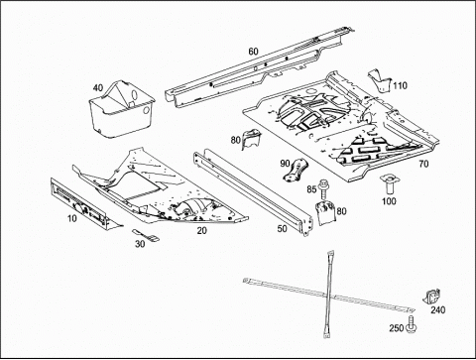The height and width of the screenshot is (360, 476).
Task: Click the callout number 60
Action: coord(253,52)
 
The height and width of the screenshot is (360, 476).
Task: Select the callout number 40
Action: coord(98,88)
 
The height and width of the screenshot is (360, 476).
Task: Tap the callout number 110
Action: coord(400,86)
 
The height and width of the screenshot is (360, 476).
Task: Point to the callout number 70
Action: coord(423,164)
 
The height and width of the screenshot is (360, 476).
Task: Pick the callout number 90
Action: coord(285,164)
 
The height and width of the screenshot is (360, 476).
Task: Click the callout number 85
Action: coord(311,189)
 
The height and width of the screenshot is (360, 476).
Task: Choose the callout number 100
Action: coord(389,201)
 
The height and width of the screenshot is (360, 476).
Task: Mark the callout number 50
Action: coord(282,229)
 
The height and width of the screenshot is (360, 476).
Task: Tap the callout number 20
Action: coord(201,231)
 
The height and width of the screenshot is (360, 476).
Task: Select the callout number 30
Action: coord(140,244)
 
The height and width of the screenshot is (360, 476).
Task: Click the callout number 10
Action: coord(71,218)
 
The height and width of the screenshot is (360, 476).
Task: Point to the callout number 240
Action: coord(437,310)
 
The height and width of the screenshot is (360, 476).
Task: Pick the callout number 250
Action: coord(397,328)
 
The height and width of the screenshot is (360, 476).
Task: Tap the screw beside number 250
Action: coord(412,323)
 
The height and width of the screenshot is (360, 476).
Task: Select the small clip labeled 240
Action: coord(431,296)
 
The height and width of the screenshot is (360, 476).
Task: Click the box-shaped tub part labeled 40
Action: coord(122,108)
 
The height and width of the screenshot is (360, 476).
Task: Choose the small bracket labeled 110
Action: coord(380,80)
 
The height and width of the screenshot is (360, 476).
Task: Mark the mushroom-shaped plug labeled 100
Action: coord(389,185)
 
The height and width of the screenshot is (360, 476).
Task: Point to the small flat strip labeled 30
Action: coord(146,235)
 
